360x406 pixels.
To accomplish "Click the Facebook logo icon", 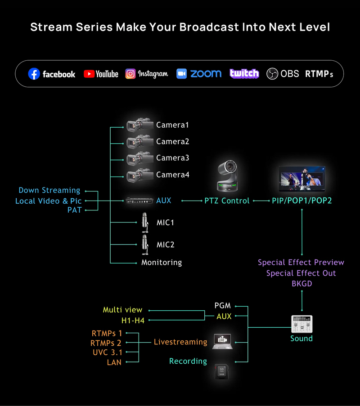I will point(34,74).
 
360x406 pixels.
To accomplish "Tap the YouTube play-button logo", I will point(89,74).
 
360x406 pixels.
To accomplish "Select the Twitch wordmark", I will point(244,73).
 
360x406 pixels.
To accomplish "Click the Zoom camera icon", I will point(181,74).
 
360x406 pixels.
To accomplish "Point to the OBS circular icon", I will point(272,74).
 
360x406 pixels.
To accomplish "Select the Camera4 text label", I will point(173,174).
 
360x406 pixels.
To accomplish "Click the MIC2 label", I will point(165,245).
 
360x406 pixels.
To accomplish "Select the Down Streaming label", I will point(49,190).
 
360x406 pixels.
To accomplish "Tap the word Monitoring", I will point(162,262).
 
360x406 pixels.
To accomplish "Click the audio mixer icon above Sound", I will point(301,323).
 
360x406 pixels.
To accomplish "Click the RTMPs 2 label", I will point(107,343).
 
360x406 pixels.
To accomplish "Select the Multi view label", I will point(122,310).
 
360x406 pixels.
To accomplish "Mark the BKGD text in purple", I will point(301,284).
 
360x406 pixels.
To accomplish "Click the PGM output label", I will point(223,306).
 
